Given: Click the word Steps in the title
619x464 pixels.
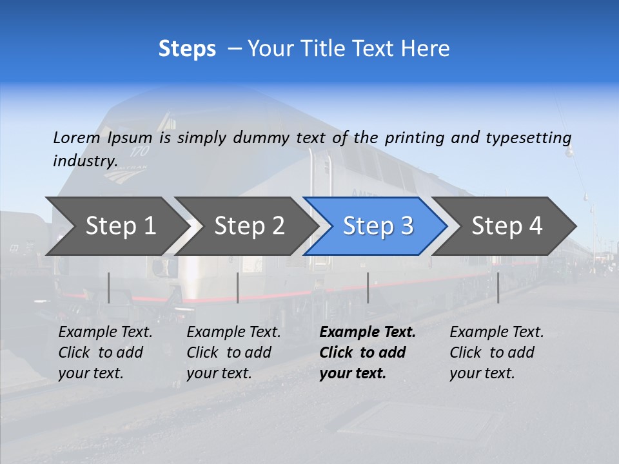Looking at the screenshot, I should pos(187,49).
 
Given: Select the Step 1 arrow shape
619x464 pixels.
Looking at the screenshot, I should pos(116,226).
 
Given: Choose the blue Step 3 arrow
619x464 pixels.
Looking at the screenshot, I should pos(377,226).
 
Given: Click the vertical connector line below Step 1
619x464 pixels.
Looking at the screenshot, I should pos(109,287).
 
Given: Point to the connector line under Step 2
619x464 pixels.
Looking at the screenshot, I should pos(238,287).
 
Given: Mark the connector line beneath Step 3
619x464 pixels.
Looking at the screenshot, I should pos(368,287).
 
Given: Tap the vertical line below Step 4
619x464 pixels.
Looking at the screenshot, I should pos(498,287).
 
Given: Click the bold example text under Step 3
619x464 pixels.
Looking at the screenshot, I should pos(367,353).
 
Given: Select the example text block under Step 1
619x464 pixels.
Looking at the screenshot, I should pos(105,353).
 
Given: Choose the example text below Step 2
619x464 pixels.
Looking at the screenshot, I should pos(233,353).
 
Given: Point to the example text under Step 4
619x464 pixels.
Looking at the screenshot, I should pos(496,353).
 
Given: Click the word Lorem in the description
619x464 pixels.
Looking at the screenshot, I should pos(76,137).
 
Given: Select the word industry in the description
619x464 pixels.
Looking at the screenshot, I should pos(84,160).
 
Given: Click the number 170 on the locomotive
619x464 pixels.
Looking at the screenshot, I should pos(139,152).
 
